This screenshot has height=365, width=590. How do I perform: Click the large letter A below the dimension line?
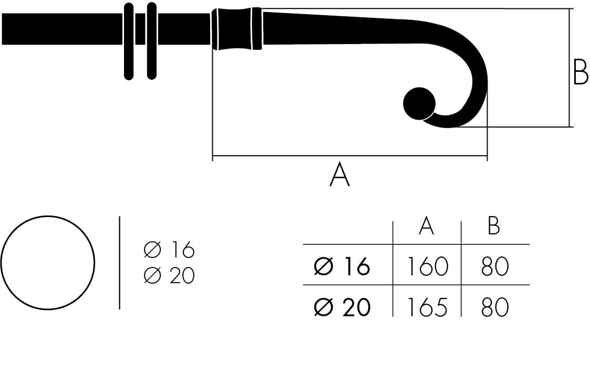(x=339, y=175)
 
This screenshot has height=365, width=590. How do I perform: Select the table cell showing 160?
(x=427, y=267)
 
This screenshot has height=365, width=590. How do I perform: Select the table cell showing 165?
(x=427, y=307)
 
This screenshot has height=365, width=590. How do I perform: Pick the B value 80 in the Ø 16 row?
(x=494, y=267)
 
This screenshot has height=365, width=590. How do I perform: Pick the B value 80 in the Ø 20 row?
(x=494, y=307)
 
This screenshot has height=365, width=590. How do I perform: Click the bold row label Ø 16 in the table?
(x=342, y=267)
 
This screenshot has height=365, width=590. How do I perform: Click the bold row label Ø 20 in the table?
(x=342, y=307)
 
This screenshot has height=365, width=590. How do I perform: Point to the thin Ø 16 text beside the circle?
(x=169, y=250)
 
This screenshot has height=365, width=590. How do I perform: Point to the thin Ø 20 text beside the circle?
(x=169, y=275)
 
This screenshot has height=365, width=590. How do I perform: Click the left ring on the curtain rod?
(x=129, y=41)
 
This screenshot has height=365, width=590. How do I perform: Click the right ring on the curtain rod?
(x=152, y=41)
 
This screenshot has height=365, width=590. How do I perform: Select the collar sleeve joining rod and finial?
(x=236, y=29)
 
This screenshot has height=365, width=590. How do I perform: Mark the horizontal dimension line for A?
(x=349, y=156)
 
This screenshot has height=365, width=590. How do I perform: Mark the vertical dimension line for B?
(x=570, y=68)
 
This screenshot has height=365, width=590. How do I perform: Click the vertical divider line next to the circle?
(x=120, y=262)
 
